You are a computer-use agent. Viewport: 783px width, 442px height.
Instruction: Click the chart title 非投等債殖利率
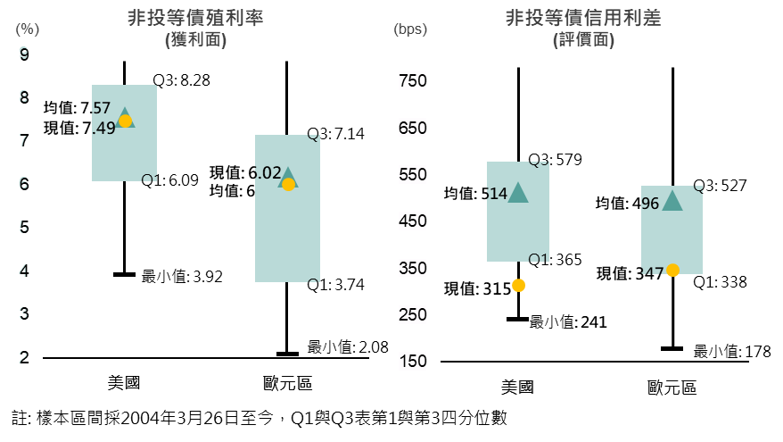[195, 18]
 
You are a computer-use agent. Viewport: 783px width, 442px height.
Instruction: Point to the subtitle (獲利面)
[195, 39]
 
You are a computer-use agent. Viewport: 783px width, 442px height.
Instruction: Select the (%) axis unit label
[27, 29]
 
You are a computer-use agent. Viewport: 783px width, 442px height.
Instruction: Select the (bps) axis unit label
[410, 29]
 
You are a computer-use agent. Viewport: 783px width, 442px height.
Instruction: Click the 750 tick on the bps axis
[412, 81]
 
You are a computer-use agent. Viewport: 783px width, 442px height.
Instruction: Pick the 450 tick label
[412, 221]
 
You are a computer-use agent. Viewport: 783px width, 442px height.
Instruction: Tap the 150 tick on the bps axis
[412, 362]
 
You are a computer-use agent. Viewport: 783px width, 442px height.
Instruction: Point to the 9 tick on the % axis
[23, 54]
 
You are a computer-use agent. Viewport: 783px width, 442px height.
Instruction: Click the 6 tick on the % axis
[23, 183]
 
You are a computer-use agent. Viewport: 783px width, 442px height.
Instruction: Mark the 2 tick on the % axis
[23, 357]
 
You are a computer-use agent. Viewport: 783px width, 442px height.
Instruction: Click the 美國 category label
[518, 388]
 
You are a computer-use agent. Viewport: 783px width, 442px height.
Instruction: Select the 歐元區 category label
[672, 388]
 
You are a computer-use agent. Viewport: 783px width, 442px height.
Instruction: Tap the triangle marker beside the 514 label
[518, 193]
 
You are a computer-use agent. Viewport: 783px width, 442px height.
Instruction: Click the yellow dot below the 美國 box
[518, 286]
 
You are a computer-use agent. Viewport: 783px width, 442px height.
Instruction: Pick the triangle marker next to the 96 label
[672, 202]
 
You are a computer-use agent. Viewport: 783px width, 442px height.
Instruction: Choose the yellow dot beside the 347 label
[672, 271]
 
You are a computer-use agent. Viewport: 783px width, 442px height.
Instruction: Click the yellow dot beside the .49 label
[125, 121]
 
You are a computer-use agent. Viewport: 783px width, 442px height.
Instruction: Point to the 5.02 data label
[267, 173]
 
